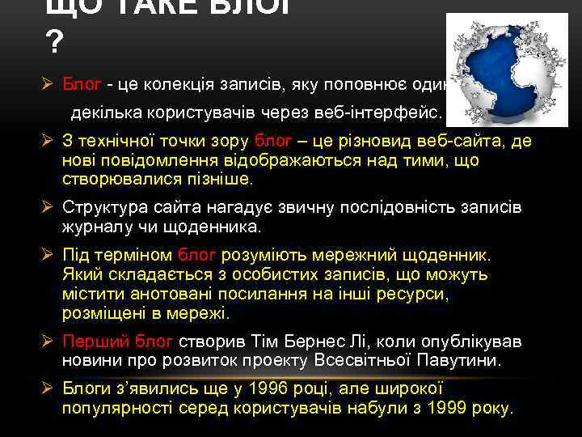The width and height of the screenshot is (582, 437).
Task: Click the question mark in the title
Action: tap(54, 42)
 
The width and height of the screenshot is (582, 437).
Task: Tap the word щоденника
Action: tap(219, 227)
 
